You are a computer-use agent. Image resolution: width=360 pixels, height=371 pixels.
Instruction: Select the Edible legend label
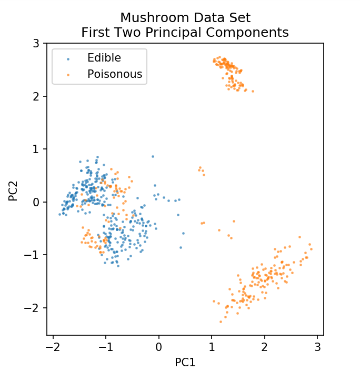[x=104, y=58]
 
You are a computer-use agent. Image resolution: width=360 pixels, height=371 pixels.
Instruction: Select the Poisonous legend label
[x=115, y=74]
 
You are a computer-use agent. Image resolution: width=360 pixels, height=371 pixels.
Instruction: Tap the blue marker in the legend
[x=68, y=58]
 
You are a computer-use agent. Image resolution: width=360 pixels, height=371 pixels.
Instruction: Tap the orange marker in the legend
[x=68, y=75]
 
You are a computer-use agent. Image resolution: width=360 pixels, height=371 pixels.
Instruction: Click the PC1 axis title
[x=185, y=363]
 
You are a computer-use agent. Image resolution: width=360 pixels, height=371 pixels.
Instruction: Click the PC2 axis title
[x=14, y=189]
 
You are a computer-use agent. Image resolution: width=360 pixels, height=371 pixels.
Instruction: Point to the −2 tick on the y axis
[x=33, y=308]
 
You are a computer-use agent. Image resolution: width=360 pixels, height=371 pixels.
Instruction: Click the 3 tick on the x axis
[x=317, y=347]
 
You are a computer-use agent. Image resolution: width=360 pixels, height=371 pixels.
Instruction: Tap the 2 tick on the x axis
[x=264, y=347]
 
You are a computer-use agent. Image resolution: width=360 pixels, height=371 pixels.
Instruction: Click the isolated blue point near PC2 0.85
[x=153, y=156]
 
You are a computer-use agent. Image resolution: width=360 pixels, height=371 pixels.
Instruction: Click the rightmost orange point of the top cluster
[x=253, y=91]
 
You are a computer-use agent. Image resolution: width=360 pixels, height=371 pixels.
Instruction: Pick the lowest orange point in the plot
[x=221, y=322]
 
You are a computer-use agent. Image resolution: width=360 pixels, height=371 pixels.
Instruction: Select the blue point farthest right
[x=183, y=233]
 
